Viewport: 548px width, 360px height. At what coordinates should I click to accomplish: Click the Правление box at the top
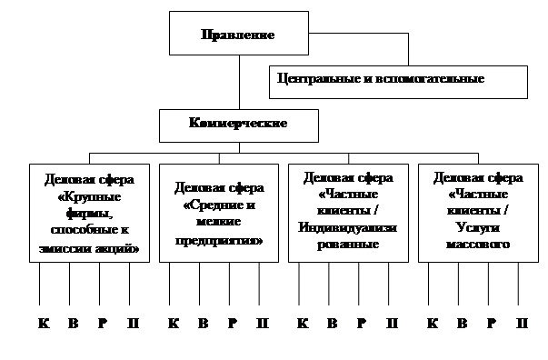tap(239, 34)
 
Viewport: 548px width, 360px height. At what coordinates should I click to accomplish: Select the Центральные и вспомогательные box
tap(398, 82)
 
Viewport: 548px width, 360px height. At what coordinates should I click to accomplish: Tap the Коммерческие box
tap(239, 125)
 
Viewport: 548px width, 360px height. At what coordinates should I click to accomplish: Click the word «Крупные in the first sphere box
tap(89, 196)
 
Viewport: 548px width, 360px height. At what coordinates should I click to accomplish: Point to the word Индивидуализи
tap(347, 227)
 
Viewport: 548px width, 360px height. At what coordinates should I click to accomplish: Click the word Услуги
tap(478, 227)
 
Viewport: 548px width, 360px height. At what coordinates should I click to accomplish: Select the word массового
tap(478, 244)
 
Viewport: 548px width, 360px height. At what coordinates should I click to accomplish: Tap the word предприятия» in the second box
tap(219, 241)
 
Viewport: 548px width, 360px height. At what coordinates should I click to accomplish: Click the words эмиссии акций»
tap(89, 248)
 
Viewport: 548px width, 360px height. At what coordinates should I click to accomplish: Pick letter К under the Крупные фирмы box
tap(44, 324)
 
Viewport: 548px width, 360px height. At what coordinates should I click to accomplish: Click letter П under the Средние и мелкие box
tap(263, 324)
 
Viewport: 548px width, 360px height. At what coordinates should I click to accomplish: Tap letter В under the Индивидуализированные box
tap(333, 324)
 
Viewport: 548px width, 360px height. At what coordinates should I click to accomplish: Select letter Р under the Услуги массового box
tap(492, 324)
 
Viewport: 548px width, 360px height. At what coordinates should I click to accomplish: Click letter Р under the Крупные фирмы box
tap(103, 324)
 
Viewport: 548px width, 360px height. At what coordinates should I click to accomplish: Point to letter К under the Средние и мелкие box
tap(174, 324)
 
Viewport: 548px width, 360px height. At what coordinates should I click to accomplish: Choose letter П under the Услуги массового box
tap(523, 324)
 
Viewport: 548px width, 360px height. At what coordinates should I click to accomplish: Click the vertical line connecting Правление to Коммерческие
tap(239, 82)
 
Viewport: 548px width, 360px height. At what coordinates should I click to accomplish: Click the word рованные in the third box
tap(348, 244)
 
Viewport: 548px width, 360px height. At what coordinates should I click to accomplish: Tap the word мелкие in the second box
tap(218, 221)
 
